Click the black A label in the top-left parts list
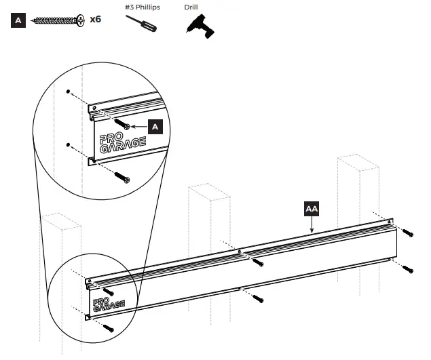click(x=18, y=20)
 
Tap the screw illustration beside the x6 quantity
click(x=58, y=20)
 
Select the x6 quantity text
click(x=96, y=20)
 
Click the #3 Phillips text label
click(x=140, y=7)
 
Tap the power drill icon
click(x=200, y=26)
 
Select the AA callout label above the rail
click(x=312, y=209)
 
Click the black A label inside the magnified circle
click(x=155, y=126)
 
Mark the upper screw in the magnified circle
click(x=123, y=125)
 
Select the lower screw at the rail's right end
click(x=407, y=268)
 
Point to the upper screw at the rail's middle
click(x=257, y=262)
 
